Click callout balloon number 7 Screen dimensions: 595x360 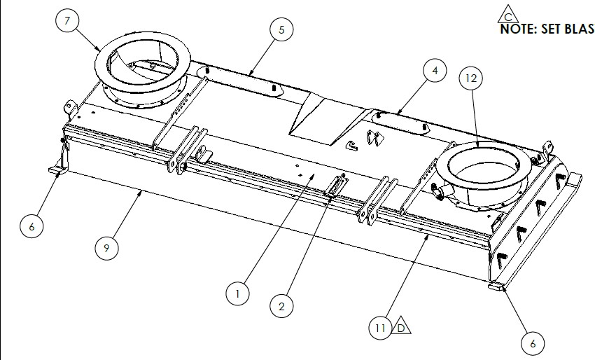pyautogui.click(x=67, y=20)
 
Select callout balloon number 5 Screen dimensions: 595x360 pyautogui.click(x=281, y=29)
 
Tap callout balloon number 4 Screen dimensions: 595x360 pyautogui.click(x=435, y=70)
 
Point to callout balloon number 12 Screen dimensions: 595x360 pyautogui.click(x=471, y=78)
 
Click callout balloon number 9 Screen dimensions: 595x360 pyautogui.click(x=106, y=248)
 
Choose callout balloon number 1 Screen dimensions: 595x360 pyautogui.click(x=237, y=293)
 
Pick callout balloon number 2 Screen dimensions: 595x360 pyautogui.click(x=281, y=306)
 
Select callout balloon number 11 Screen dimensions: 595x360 pyautogui.click(x=381, y=328)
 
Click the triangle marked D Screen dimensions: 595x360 pyautogui.click(x=401, y=326)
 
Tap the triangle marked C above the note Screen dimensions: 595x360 pyautogui.click(x=508, y=15)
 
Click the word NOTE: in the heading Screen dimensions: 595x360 pyautogui.click(x=518, y=29)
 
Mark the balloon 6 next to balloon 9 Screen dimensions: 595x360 pyautogui.click(x=31, y=226)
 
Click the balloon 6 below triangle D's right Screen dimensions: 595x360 pyautogui.click(x=533, y=343)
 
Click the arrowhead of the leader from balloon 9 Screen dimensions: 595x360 pyautogui.click(x=141, y=193)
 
